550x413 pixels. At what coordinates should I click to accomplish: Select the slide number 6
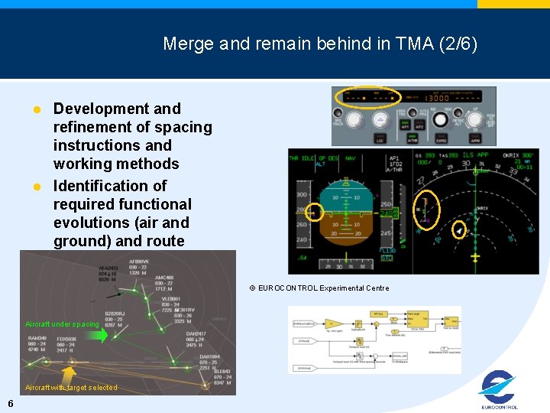pos(9,403)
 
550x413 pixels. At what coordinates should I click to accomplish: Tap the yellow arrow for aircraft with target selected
pos(69,373)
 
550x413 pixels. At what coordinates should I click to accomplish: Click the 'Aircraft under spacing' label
pos(62,324)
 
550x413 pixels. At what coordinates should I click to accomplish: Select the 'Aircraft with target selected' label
pos(71,388)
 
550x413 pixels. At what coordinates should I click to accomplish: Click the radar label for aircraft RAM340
pos(39,343)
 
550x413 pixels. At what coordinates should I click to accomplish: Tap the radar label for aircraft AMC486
pos(164,283)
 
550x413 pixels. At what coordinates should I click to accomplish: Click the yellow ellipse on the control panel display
pos(370,97)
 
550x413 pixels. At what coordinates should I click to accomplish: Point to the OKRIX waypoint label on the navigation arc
pos(481,208)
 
